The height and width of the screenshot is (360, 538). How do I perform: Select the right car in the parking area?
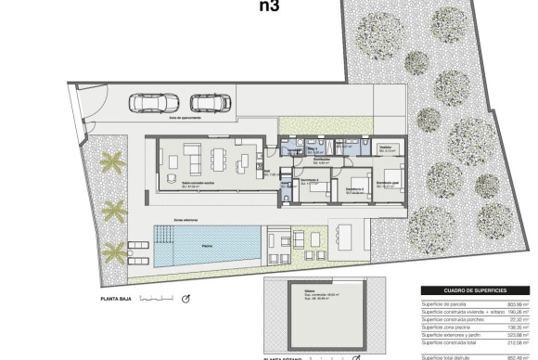(x=205, y=103)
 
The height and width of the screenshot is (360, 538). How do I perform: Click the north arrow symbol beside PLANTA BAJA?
(x=186, y=299)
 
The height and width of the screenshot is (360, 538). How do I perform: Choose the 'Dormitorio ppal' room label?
(x=387, y=184)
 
